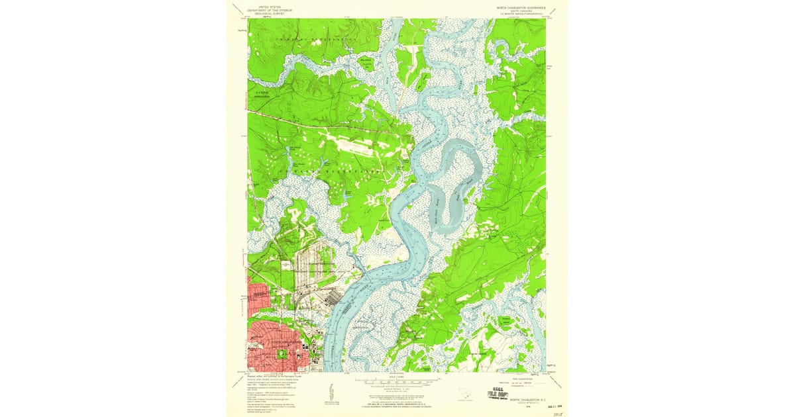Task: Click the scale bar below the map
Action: click(x=397, y=381)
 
